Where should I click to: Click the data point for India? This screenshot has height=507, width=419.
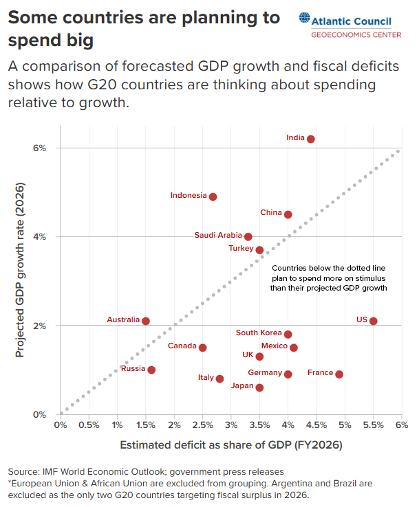click(x=311, y=139)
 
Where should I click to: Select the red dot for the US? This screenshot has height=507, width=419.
click(x=374, y=321)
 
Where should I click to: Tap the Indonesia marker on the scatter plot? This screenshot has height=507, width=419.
click(x=213, y=196)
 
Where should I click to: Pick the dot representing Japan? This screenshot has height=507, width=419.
click(x=259, y=387)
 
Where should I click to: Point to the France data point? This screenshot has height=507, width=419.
click(x=339, y=374)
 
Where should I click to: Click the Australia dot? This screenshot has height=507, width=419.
click(x=146, y=321)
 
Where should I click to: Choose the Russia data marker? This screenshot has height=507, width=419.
click(x=151, y=370)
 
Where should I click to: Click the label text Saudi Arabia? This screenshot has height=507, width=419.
click(x=218, y=235)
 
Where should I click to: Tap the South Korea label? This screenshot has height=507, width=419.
click(x=259, y=333)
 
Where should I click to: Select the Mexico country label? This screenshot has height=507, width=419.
click(x=275, y=346)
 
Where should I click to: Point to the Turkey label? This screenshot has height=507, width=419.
click(x=241, y=249)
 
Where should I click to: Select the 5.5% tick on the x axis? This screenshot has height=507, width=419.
click(x=373, y=425)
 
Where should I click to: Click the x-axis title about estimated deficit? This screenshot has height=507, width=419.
click(x=231, y=445)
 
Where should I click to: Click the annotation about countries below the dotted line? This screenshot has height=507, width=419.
click(x=330, y=278)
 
